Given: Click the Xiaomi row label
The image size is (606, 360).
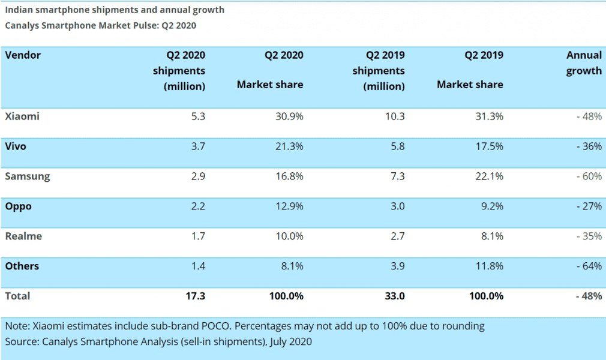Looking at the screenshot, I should click(22, 116).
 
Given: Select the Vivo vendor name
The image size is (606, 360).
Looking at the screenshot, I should click(16, 146).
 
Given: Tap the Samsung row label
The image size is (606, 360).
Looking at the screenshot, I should click(28, 176).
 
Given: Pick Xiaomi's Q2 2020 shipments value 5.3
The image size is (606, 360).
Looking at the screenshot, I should click(198, 116).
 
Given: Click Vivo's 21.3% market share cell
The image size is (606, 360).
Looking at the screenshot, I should click(288, 146).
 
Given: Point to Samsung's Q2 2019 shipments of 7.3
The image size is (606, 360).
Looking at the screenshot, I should click(397, 176).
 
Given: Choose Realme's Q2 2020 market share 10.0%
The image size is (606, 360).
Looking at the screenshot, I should click(288, 236).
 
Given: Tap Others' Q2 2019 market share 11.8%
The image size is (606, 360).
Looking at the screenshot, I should click(488, 266).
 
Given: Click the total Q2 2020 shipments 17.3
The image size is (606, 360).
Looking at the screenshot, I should click(196, 296).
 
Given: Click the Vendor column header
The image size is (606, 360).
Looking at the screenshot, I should click(23, 55).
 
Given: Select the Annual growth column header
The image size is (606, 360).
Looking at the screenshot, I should click(583, 63).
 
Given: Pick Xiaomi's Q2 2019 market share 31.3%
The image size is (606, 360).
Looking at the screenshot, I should click(488, 116).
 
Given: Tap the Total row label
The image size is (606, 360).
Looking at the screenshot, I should click(17, 296).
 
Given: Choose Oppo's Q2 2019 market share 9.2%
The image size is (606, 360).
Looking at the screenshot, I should click(491, 206).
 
